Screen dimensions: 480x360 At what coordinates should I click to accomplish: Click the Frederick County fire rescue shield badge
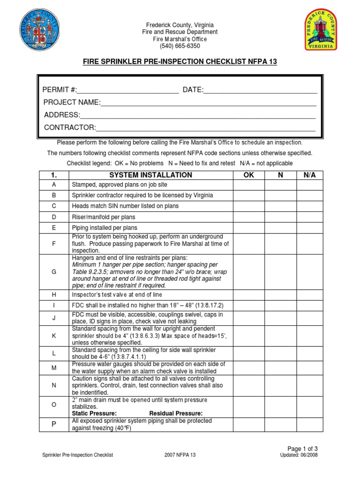pyautogui.click(x=321, y=31)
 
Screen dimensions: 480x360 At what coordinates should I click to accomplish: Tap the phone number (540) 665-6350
pyautogui.click(x=180, y=46)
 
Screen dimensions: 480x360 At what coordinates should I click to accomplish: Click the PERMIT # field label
pyautogui.click(x=60, y=90)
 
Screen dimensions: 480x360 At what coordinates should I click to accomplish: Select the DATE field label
pyautogui.click(x=193, y=90)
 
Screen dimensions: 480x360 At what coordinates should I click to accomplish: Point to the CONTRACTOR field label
pyautogui.click(x=70, y=127)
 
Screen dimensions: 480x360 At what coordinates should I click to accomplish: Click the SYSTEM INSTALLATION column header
pyautogui.click(x=150, y=175)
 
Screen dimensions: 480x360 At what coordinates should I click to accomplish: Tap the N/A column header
pyautogui.click(x=309, y=175)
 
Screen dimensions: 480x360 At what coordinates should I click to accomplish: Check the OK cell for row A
pyautogui.click(x=249, y=185)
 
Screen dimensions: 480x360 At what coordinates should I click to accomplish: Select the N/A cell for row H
pyautogui.click(x=309, y=295)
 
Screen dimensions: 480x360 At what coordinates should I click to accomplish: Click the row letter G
pyautogui.click(x=54, y=272)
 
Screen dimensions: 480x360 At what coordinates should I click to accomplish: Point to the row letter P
pyautogui.click(x=54, y=425)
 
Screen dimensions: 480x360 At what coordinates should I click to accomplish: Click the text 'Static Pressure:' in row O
pyautogui.click(x=94, y=413)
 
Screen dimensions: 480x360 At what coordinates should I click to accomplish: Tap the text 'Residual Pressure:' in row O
pyautogui.click(x=176, y=413)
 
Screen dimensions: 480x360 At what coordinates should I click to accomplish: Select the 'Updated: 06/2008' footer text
pyautogui.click(x=299, y=455)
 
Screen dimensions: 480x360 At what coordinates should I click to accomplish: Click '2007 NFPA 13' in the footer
pyautogui.click(x=180, y=455)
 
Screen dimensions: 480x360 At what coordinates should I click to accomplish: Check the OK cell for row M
pyautogui.click(x=249, y=368)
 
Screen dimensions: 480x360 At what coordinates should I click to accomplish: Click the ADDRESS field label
pyautogui.click(x=62, y=115)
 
